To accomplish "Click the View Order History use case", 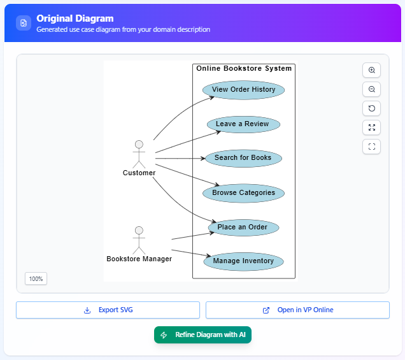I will (243, 90).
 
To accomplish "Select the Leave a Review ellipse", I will (243, 124).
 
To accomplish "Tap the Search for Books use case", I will (243, 158).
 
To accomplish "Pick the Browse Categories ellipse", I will (243, 193).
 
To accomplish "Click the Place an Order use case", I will (243, 227).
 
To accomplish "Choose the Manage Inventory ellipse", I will (243, 261).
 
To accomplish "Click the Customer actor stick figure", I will (139, 154).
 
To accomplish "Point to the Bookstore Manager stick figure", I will (139, 240).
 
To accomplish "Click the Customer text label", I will (139, 173).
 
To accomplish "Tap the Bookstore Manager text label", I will (139, 259).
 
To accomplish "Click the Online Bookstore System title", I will (244, 69).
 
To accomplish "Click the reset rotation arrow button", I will (371, 108).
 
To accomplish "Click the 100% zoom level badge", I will (36, 279).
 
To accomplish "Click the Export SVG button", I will (108, 310).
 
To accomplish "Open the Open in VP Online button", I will (297, 310).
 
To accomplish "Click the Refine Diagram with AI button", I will (202, 335).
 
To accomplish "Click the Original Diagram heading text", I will (75, 18).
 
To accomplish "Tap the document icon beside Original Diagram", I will (24, 23).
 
